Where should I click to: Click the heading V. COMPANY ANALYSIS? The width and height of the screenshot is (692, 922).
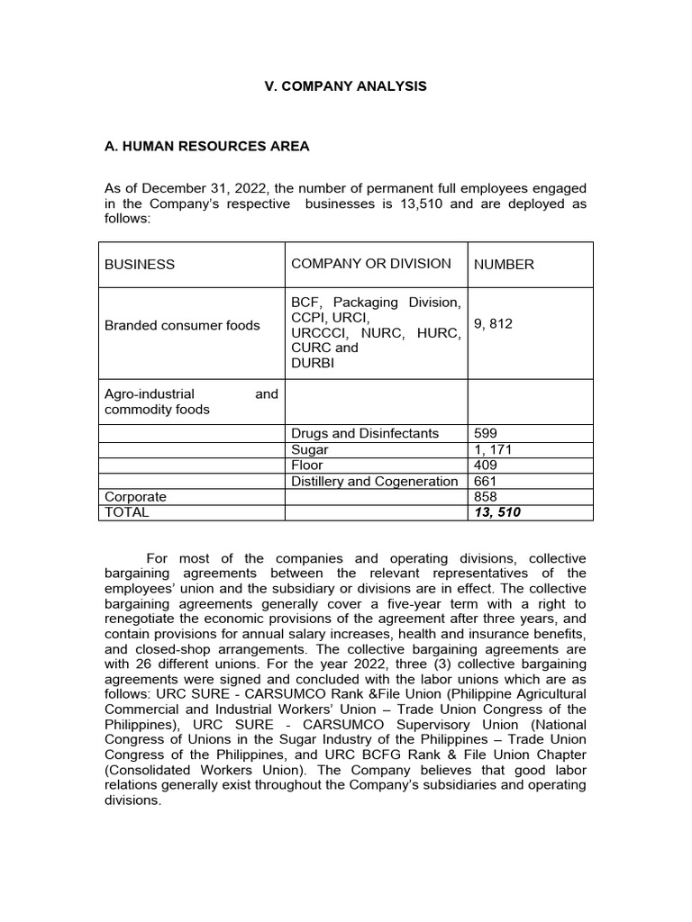coord(345,86)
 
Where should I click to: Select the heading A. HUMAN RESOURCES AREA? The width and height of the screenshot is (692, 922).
coord(208,147)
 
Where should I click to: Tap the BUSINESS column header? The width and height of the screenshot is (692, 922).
coord(140,265)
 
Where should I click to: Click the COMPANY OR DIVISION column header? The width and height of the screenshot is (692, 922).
coord(370,264)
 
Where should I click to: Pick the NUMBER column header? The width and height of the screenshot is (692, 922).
coord(504,265)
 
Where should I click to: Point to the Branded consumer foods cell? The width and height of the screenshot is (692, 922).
coord(182,325)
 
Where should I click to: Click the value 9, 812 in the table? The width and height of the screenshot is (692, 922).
coord(493,324)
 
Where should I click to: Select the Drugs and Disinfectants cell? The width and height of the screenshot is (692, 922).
coord(364,433)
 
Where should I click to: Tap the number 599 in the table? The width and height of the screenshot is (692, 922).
coord(485,433)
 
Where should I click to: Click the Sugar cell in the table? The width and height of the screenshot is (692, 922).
coord(309,449)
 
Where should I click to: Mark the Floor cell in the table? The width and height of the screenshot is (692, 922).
coord(306,466)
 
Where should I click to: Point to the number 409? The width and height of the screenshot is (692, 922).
coord(485,466)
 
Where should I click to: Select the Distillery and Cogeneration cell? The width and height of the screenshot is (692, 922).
coord(374,482)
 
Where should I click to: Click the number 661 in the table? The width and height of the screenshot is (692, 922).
coord(485,482)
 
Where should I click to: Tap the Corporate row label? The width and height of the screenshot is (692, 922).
coord(136,497)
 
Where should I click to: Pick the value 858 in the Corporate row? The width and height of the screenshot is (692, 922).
coord(485,497)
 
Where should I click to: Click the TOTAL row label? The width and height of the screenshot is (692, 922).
coord(127,512)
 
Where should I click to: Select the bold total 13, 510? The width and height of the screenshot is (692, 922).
coord(496,512)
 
